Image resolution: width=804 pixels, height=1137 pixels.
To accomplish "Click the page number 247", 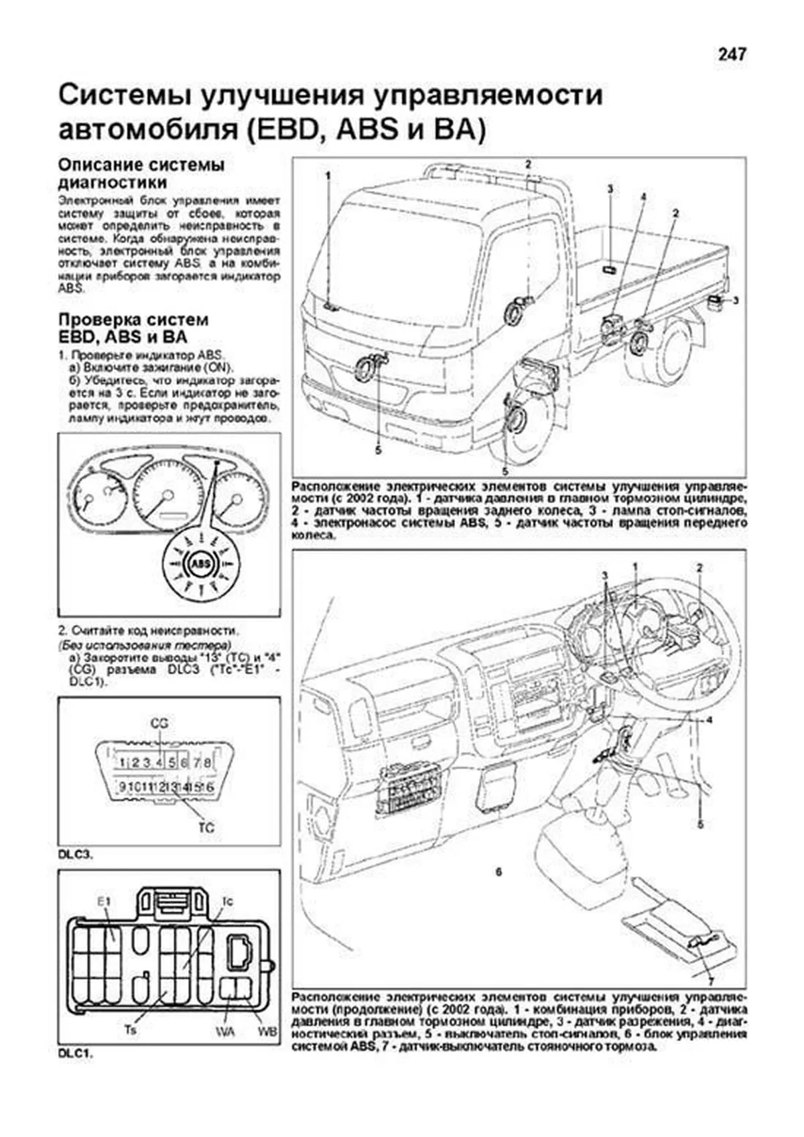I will pos(732,54).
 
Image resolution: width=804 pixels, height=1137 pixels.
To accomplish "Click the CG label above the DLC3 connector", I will pos(159,723).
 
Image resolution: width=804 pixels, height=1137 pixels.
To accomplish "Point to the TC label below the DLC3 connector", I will pos(206,827).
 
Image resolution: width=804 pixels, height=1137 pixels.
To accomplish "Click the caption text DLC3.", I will pos(76,856).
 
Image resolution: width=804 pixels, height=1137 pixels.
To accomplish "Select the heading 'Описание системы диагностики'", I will pos(142,174).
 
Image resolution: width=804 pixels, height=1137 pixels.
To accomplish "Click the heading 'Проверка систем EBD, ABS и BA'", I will pos(133,328).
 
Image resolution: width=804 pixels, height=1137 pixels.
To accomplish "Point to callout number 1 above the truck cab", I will pos(329,176).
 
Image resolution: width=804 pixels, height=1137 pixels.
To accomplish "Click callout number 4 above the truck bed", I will pos(642,196).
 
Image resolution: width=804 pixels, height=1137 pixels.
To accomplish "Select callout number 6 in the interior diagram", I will pos(498,872).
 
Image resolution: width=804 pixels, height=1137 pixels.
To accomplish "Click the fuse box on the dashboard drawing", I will pos(409,790).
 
